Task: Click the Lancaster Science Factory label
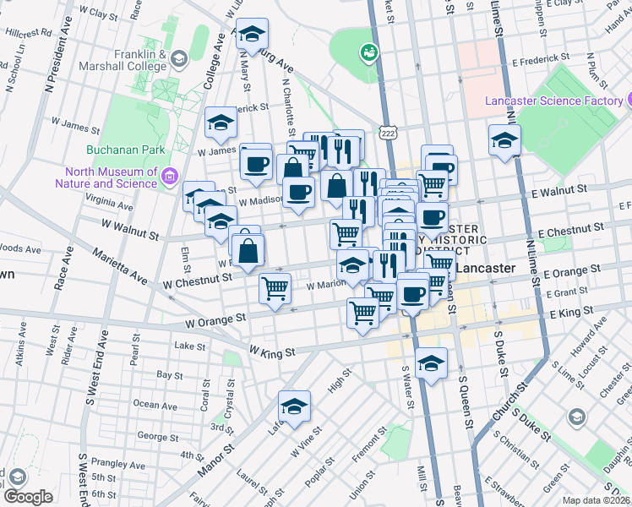point(553,101)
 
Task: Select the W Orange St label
point(215,321)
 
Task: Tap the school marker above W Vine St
point(294,406)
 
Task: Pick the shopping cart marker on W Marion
point(275,287)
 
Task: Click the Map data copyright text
point(595,500)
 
